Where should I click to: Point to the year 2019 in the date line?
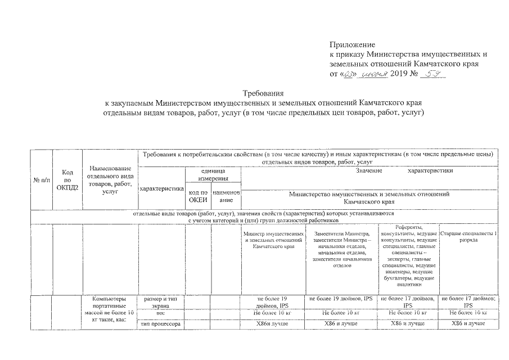coord(402,74)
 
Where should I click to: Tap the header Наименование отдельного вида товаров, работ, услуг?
coord(110,179)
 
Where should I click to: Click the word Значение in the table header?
coord(369,170)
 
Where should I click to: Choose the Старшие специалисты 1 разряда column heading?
coord(468,236)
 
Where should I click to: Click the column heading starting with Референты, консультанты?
coord(407,253)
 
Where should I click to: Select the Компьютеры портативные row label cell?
coord(110,309)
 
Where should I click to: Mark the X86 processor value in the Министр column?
coord(272,324)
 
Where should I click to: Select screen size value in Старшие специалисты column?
coord(468,301)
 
